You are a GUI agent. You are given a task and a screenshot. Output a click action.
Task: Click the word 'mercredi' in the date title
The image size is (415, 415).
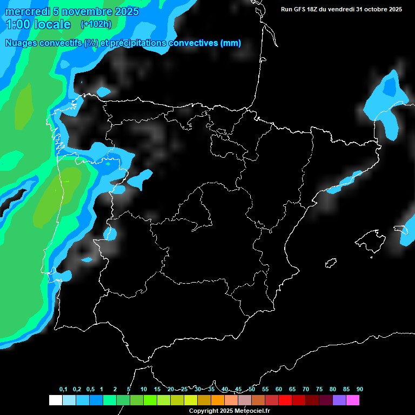point(26,12)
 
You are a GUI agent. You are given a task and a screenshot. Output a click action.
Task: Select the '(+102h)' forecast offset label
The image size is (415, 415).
point(96,24)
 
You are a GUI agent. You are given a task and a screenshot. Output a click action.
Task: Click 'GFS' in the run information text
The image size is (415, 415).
point(302,9)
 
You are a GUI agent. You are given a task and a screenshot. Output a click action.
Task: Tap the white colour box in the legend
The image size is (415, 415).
point(55,400)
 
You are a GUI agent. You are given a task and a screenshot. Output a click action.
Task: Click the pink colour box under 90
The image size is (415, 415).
point(352,400)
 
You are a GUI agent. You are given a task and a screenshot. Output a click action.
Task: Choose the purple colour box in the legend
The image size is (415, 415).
point(339,400)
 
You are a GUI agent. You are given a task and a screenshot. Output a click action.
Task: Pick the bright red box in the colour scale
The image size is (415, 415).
point(285,400)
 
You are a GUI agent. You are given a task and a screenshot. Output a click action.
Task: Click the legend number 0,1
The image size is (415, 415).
point(63,390)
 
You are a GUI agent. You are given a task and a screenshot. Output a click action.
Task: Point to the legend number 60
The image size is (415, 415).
point(279,390)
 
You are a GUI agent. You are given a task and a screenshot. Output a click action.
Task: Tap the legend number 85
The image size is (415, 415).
point(346,390)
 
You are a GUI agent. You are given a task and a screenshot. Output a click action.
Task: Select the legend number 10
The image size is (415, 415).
point(144,390)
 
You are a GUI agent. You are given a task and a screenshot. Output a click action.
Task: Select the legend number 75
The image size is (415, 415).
point(319,390)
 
